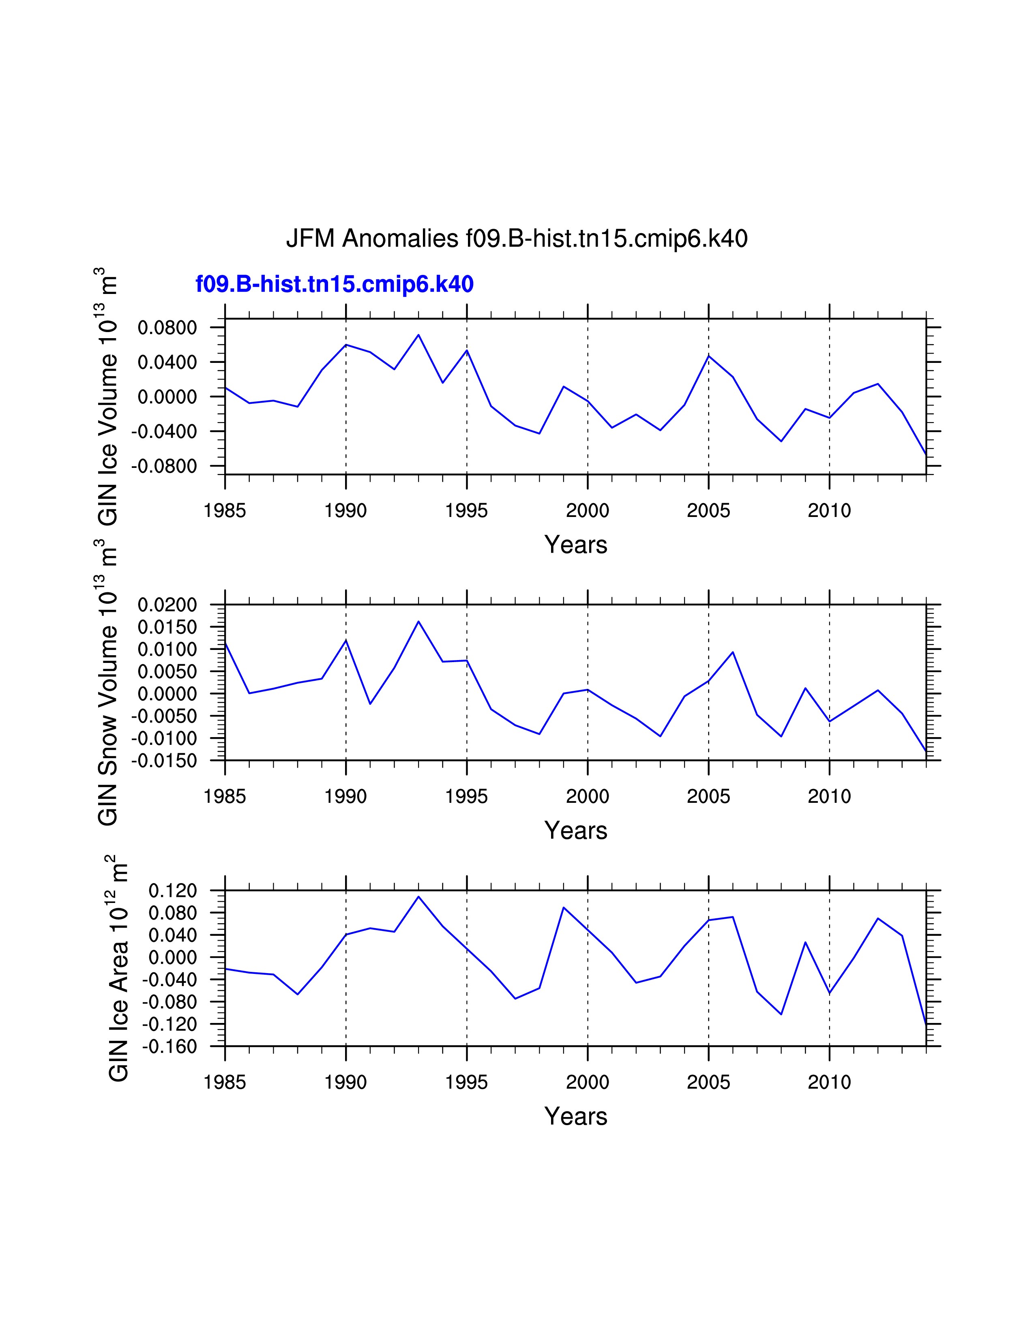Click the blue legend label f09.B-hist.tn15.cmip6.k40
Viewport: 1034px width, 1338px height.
point(335,284)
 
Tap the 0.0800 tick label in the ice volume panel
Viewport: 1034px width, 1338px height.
point(167,328)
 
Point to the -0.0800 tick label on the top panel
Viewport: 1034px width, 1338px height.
point(164,466)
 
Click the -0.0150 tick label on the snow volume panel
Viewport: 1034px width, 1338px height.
point(164,761)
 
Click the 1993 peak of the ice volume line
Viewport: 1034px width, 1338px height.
point(418,335)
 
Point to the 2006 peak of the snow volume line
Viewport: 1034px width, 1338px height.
point(733,652)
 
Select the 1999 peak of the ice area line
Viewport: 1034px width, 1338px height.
point(564,907)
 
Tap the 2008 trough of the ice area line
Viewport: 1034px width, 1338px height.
point(781,1014)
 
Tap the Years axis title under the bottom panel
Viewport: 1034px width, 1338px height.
point(575,1116)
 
